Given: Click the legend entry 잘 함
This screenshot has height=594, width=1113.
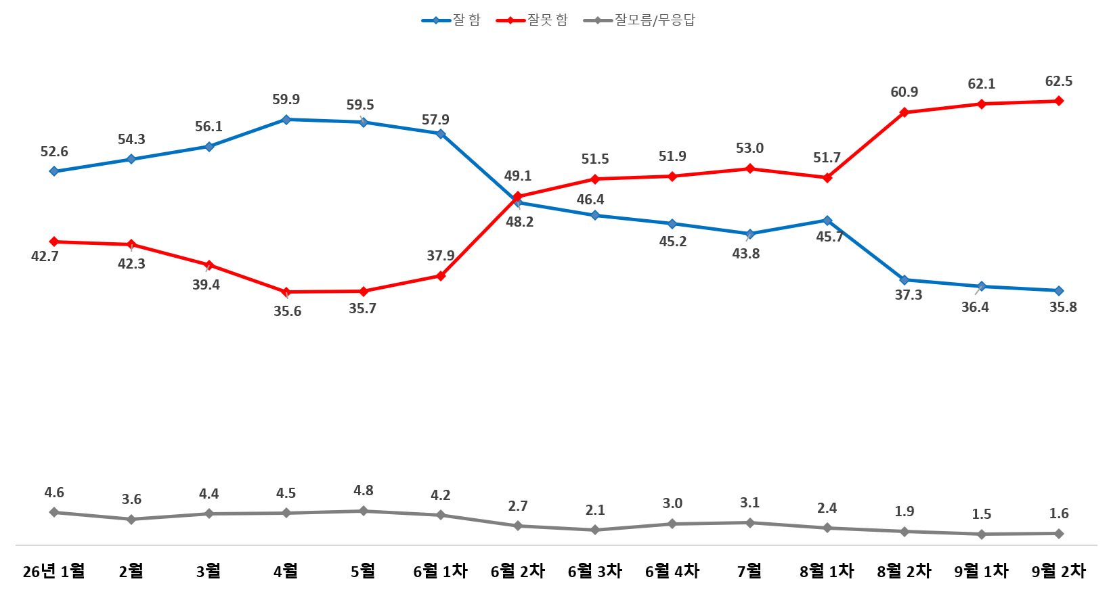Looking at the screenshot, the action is [x=451, y=20].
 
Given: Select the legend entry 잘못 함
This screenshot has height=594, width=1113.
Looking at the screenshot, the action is [x=531, y=20].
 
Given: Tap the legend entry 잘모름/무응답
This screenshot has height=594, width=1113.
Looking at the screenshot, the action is [x=639, y=20].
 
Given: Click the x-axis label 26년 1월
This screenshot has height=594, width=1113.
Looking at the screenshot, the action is [x=53, y=571].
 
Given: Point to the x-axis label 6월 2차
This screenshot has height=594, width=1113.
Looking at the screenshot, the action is [x=518, y=571].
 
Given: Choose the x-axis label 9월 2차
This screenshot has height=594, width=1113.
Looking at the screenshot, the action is [x=1059, y=571].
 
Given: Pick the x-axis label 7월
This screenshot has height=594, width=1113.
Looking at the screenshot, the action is [x=749, y=571].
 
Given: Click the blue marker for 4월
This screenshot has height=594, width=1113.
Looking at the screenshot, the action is [x=286, y=120].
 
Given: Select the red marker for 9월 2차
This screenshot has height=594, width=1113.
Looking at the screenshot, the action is [x=1059, y=101].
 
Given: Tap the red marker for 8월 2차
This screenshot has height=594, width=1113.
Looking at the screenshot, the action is [x=904, y=112].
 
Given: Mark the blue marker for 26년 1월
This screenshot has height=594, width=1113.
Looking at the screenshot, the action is [x=54, y=171].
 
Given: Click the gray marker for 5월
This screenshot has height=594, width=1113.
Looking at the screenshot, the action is [x=364, y=511].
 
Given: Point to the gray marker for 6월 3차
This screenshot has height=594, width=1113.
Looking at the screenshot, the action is [x=595, y=530].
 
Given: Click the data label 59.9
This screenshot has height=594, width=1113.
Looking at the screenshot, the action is [x=286, y=99].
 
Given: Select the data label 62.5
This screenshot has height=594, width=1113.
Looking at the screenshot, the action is [x=1059, y=81].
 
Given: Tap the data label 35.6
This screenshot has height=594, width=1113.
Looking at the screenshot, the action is [x=288, y=311].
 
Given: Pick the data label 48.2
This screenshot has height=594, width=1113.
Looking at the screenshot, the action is [x=520, y=222].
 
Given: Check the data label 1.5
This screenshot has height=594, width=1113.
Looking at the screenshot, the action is [x=982, y=514].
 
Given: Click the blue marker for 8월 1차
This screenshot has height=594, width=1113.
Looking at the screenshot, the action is [x=827, y=220].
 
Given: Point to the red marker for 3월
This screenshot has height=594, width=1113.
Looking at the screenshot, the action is [x=209, y=265].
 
